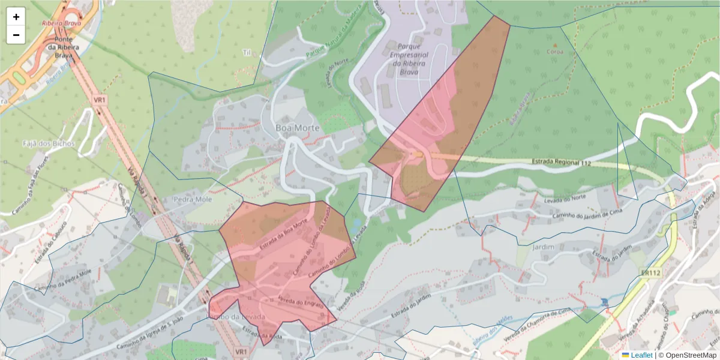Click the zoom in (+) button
point(16,17)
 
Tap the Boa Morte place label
point(297,128)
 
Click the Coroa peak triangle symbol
point(554,44)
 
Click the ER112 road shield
point(650,273)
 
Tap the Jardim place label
point(544,245)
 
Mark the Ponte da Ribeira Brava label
point(59,47)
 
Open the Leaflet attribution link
point(641,355)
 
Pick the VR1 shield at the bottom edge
point(241,351)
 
